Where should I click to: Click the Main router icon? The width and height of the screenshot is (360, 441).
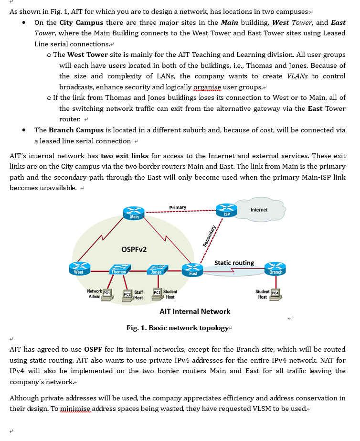[x=134, y=214]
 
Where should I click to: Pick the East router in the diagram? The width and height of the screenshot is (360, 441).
[x=193, y=270]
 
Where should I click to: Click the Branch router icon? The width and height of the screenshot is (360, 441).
[x=275, y=269]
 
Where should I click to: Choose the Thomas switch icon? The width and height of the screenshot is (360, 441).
[x=118, y=269]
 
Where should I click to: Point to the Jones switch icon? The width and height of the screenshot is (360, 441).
[x=156, y=269]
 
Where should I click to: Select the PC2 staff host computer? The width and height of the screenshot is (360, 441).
[x=127, y=295]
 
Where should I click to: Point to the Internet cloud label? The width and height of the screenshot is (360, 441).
[x=259, y=210]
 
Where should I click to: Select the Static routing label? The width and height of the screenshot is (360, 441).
[x=234, y=263]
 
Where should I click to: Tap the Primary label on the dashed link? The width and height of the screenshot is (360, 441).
[x=178, y=207]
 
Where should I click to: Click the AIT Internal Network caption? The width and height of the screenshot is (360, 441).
[x=195, y=312]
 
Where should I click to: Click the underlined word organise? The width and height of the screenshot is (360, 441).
[x=207, y=87]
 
